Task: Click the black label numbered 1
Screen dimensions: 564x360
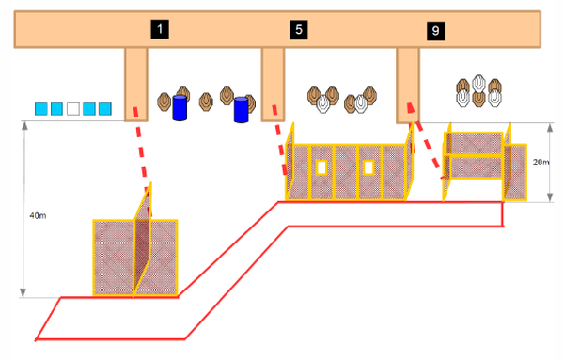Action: coord(160,29)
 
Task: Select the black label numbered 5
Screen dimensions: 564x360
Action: coord(299,29)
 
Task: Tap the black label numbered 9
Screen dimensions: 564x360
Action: coord(435,31)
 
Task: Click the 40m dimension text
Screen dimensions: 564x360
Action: coord(38,216)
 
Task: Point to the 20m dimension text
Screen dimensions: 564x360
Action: coord(541,163)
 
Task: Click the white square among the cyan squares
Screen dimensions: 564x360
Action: coord(73,109)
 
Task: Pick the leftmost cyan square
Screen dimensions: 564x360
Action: coord(41,109)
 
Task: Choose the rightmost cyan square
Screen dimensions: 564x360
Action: coord(105,109)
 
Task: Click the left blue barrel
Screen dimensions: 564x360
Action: coord(180,108)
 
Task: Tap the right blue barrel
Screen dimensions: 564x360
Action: coord(241,110)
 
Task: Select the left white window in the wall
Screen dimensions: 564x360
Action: coord(321,167)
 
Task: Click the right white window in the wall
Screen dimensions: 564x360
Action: coord(368,167)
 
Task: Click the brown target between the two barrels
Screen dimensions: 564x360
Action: coord(206,102)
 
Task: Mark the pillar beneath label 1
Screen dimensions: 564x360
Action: coord(136,85)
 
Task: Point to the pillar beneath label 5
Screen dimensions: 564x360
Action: coord(273,85)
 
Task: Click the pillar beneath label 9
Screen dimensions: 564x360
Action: coord(408,86)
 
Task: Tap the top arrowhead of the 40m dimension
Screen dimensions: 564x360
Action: coord(24,126)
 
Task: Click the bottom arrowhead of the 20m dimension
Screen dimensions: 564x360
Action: coord(550,197)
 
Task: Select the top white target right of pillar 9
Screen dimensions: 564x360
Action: coord(478,83)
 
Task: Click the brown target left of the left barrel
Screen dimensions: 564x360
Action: coord(164,102)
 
